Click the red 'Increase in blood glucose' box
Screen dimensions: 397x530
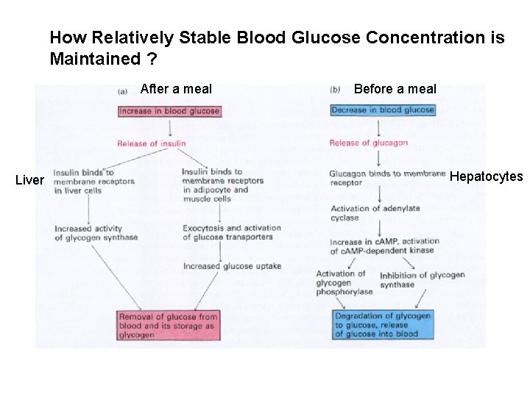tap(169, 111)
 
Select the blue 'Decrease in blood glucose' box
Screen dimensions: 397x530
tap(383, 110)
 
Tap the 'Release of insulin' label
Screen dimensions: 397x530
tap(151, 143)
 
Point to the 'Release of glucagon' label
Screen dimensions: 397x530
tap(368, 143)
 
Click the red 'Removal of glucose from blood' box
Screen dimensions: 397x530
tap(168, 326)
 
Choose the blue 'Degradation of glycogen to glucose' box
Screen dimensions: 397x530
tap(383, 325)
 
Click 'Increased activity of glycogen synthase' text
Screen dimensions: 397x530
tap(96, 233)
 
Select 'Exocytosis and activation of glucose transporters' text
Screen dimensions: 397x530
tap(227, 232)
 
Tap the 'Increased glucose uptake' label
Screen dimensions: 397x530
tap(232, 266)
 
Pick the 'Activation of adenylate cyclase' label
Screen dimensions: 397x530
tap(375, 213)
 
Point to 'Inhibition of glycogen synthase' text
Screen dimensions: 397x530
tap(422, 279)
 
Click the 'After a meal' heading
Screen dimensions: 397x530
tap(176, 89)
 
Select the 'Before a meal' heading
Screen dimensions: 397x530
tap(395, 89)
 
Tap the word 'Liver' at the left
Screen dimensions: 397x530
tap(29, 180)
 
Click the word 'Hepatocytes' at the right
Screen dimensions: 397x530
tap(486, 176)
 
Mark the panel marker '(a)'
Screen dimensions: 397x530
tap(124, 91)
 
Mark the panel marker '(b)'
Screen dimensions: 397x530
tap(335, 90)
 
